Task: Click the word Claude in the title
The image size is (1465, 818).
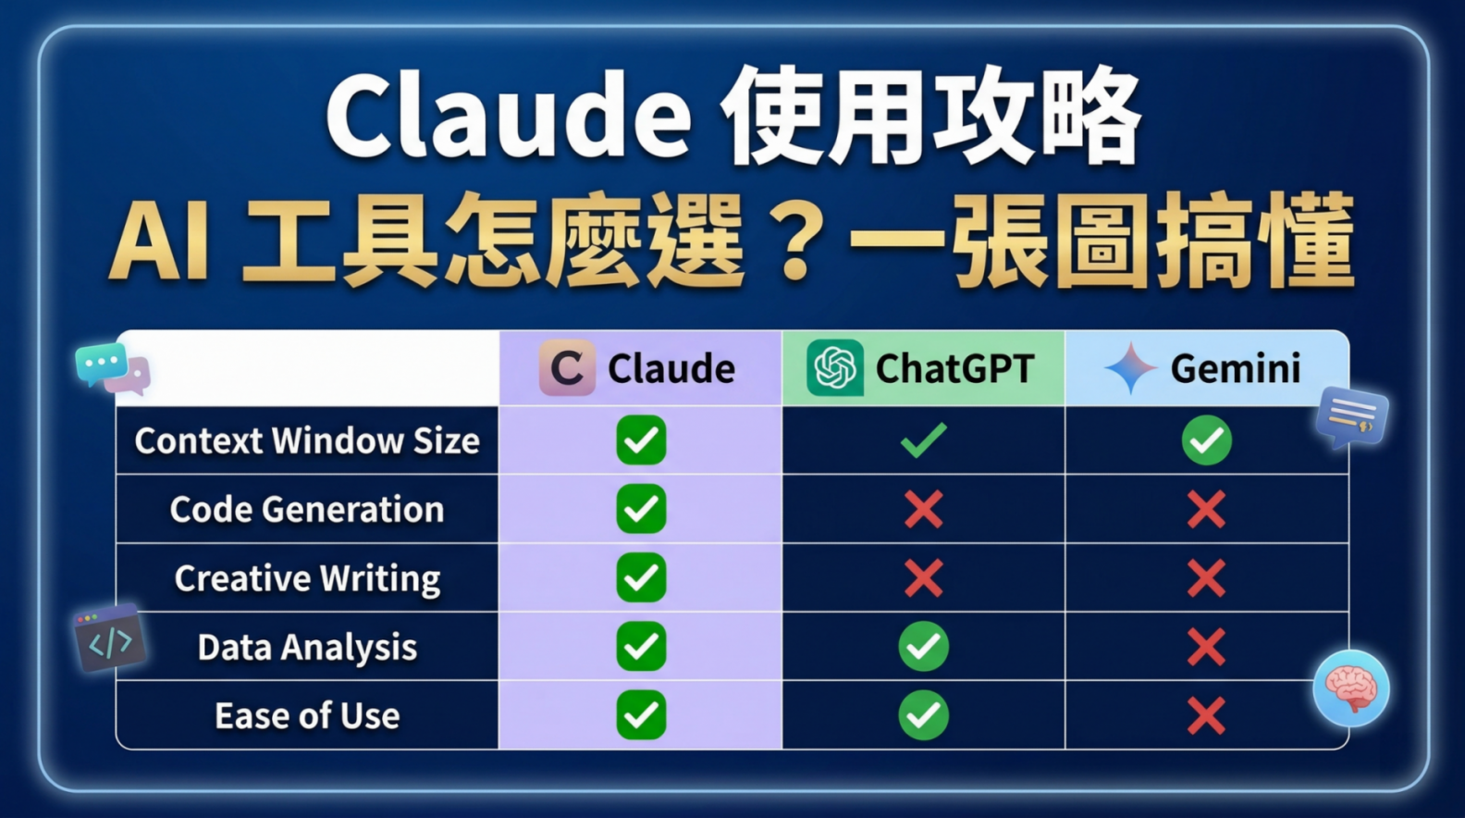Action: [508, 116]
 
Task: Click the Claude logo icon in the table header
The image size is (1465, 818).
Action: [567, 367]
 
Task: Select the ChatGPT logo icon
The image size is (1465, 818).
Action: [835, 367]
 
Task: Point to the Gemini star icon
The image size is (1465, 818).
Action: [1131, 367]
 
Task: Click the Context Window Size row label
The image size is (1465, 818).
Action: [307, 440]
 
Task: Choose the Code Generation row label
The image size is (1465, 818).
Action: [307, 509]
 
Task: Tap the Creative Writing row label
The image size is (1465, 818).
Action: [307, 578]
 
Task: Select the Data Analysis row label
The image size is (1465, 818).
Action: [307, 647]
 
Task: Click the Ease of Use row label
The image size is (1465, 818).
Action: [307, 716]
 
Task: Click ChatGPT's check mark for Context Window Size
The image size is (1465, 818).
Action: [923, 440]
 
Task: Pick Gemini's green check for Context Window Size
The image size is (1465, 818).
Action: [1207, 440]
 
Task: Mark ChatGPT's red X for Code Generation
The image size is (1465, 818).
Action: [923, 509]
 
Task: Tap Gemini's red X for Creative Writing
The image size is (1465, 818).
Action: [1207, 578]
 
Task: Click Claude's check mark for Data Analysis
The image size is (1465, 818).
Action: [641, 647]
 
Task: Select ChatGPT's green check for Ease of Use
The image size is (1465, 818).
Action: [923, 715]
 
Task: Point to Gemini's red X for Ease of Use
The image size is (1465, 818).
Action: [1207, 716]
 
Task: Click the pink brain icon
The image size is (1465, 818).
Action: [1350, 688]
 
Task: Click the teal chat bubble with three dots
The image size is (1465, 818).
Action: [102, 364]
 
